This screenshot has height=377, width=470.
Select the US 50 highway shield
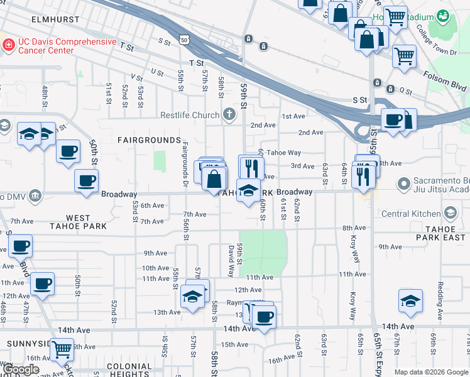point(183,39)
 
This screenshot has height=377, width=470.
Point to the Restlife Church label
point(189,115)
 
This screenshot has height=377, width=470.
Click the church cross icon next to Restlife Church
point(229,114)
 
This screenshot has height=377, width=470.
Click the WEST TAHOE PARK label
point(85,221)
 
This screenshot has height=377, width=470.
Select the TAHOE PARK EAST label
point(444,233)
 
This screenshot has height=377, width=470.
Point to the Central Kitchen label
point(419,214)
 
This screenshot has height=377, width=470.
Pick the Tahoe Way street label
point(283,153)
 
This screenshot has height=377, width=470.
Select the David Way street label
point(231,261)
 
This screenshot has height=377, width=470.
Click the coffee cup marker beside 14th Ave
point(265,316)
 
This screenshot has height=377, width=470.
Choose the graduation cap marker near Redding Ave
point(410,302)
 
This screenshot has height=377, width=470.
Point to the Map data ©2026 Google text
point(430,372)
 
